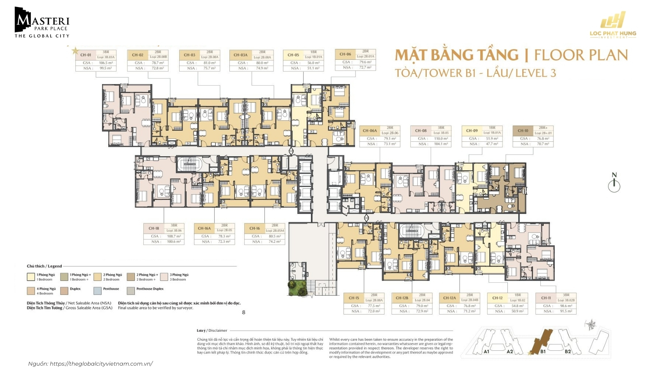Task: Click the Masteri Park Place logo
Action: (42, 22)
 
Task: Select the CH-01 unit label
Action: (86, 55)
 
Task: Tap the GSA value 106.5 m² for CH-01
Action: (105, 63)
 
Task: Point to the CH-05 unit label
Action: (293, 55)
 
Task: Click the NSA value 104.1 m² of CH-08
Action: (441, 144)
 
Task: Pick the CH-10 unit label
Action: (523, 131)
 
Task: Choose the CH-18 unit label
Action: (154, 228)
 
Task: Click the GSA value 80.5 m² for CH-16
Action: (274, 236)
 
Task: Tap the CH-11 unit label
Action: (546, 298)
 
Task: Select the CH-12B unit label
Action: (402, 298)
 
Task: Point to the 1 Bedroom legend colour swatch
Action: (31, 277)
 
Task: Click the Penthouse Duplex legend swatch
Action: (131, 291)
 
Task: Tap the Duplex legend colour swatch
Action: (64, 291)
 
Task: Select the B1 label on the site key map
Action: (543, 351)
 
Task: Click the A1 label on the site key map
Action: (486, 351)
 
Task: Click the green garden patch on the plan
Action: (298, 289)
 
